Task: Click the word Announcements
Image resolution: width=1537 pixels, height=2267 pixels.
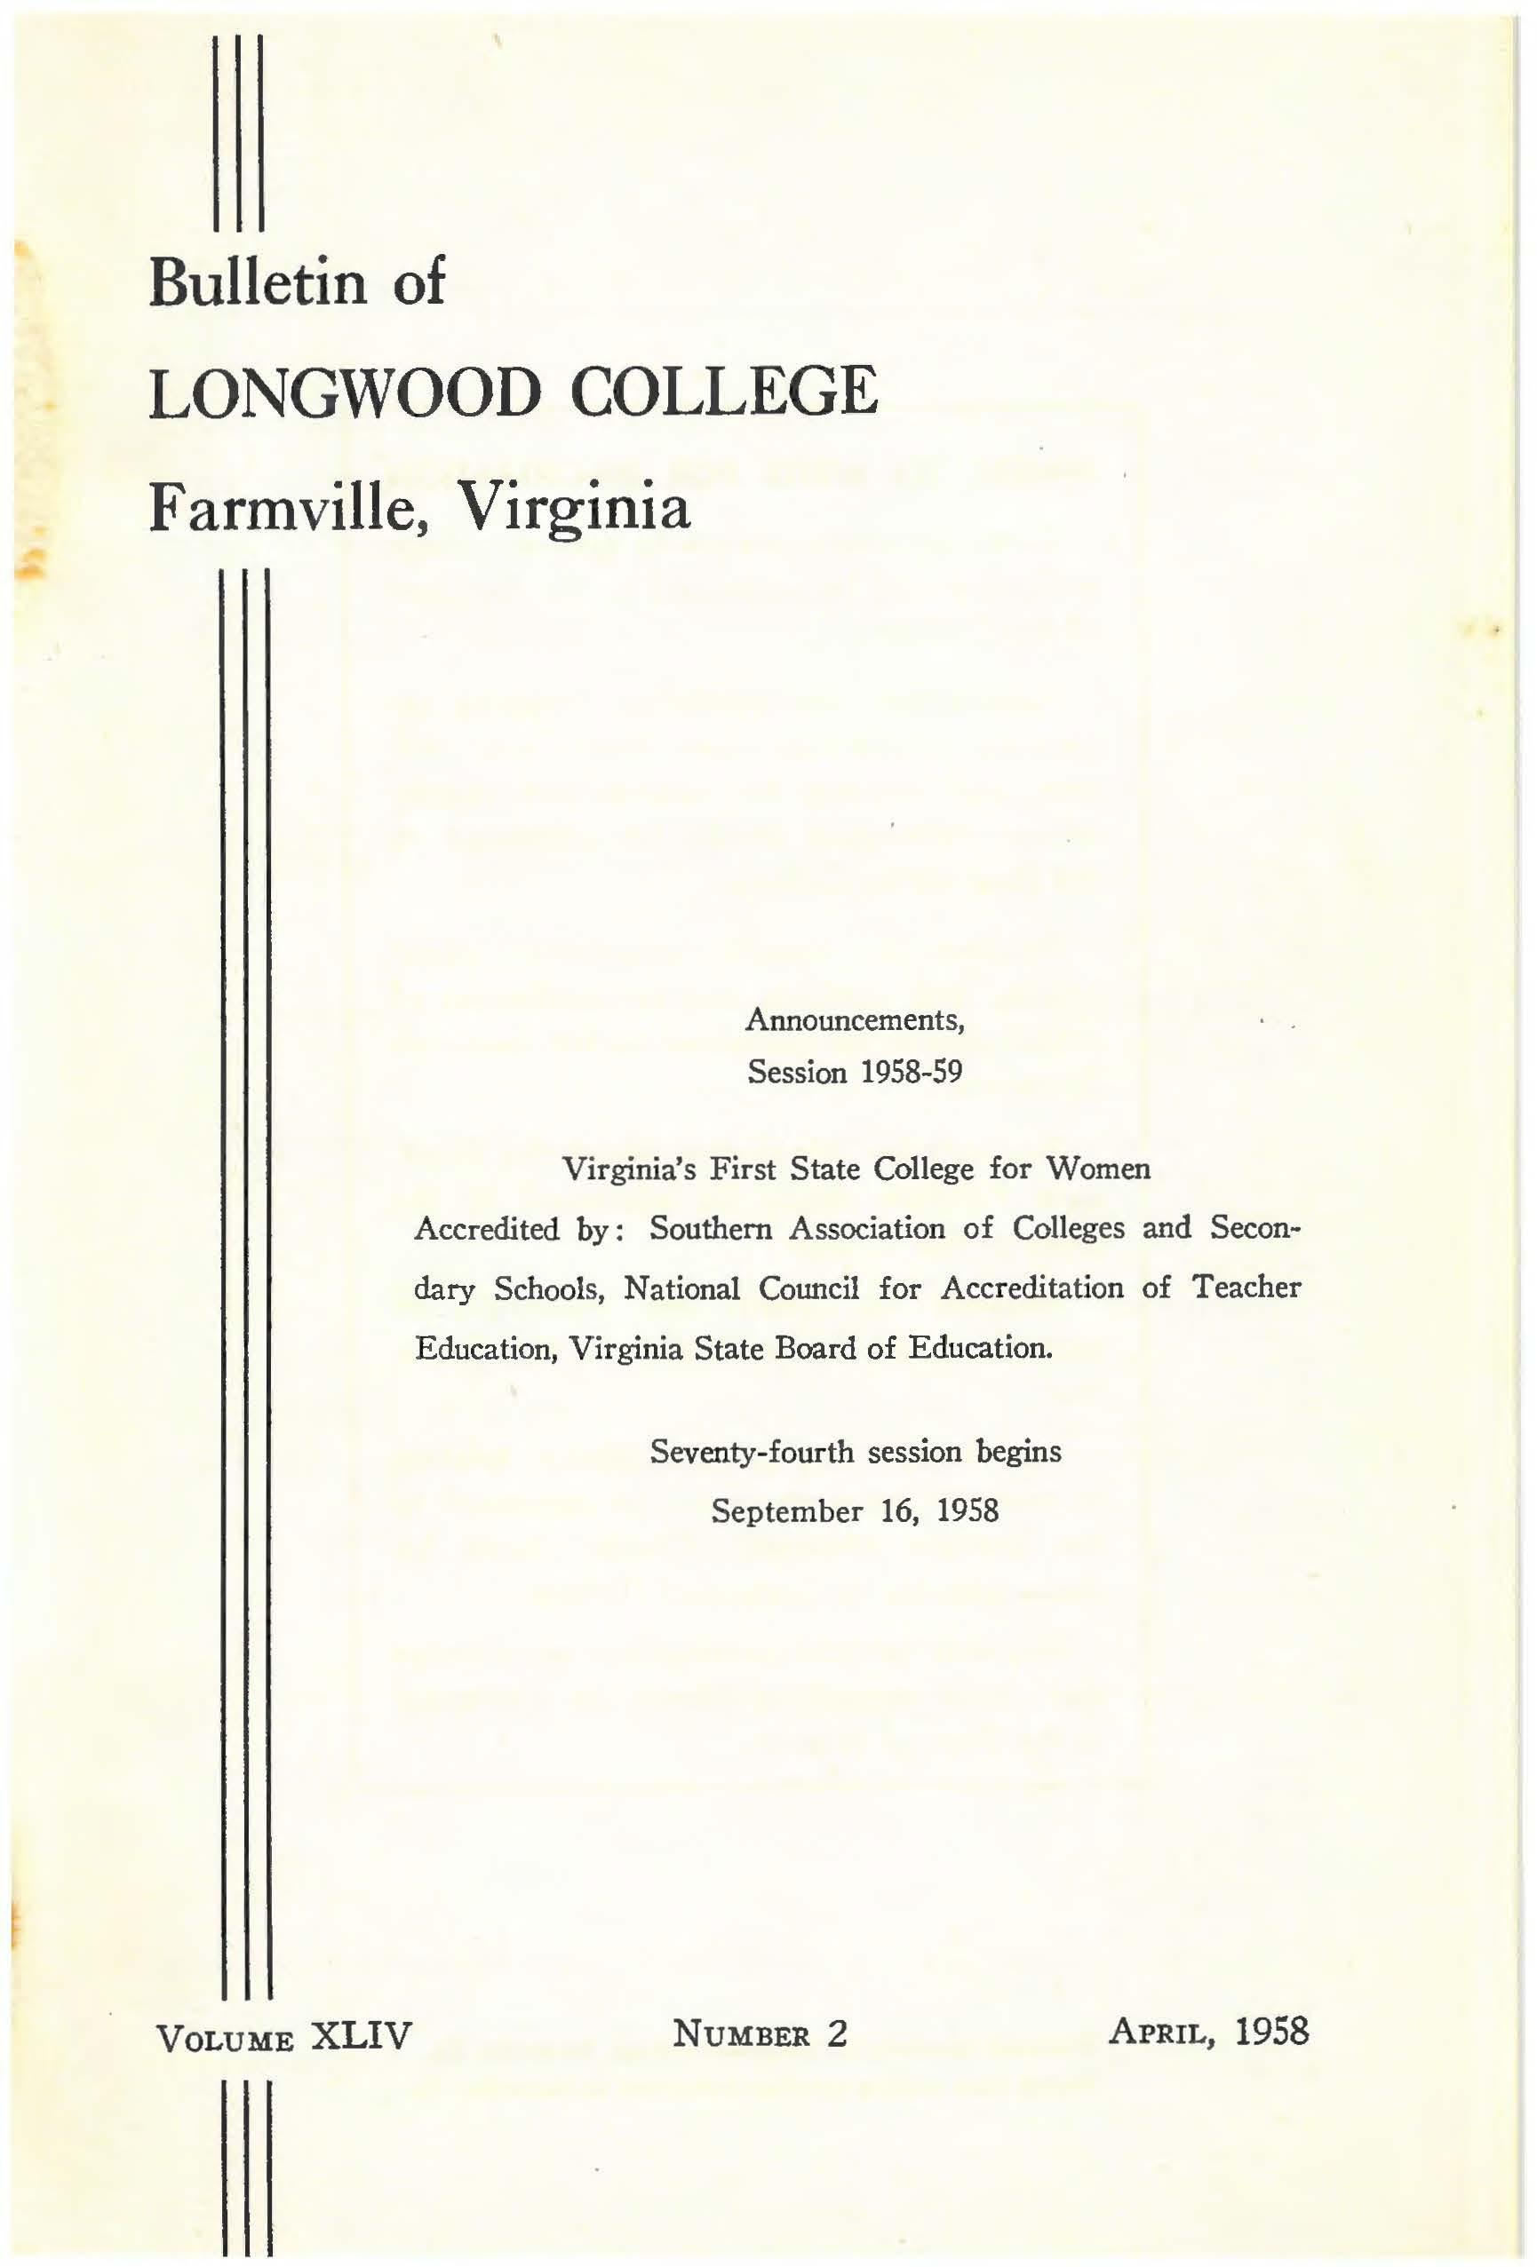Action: click(855, 1019)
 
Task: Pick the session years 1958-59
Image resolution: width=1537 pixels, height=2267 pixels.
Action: click(911, 1072)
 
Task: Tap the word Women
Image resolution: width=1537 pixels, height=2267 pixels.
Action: click(1097, 1168)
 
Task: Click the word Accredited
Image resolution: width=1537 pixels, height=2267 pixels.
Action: click(486, 1228)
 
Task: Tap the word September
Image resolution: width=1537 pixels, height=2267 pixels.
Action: click(786, 1511)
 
